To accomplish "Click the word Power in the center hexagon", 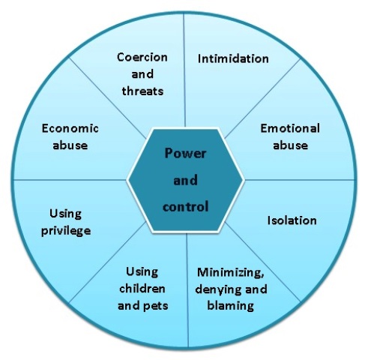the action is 185,153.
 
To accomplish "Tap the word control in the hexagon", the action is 185,207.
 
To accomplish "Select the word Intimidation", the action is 233,58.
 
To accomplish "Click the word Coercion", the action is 142,57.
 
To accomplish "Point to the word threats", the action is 142,91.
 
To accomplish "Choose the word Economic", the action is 70,128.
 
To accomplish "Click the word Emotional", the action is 290,128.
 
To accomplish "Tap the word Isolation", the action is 292,220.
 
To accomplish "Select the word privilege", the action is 66,231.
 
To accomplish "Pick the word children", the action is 142,289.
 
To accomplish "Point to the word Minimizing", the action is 230,272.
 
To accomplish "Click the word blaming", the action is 231,306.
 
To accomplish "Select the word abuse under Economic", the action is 70,145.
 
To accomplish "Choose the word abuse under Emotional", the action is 290,145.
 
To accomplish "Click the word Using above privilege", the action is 65,214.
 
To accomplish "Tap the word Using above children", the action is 142,272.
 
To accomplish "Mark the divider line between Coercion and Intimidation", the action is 184,70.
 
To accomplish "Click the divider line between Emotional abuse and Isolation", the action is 300,180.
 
